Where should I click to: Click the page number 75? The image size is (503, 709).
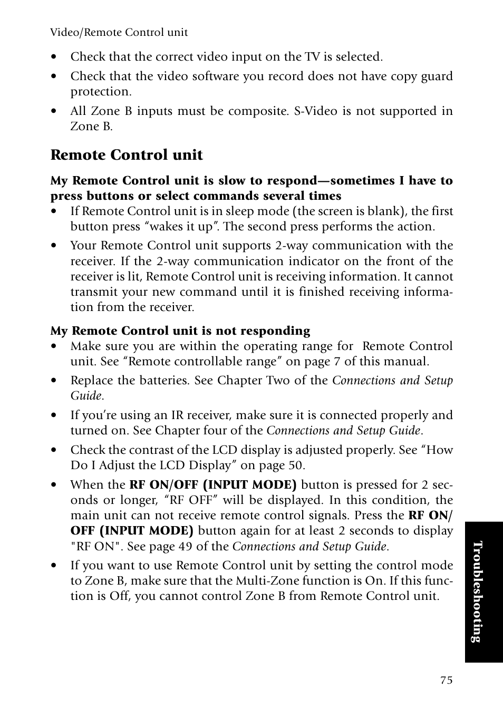(x=446, y=680)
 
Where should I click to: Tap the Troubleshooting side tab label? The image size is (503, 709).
(x=477, y=591)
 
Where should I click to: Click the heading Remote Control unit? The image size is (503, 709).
(x=127, y=155)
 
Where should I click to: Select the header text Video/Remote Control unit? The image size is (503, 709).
(x=119, y=33)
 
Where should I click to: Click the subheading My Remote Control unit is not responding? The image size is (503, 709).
(x=180, y=331)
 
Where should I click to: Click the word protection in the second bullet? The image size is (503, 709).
(x=100, y=92)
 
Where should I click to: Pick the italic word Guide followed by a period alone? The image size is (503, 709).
(x=86, y=396)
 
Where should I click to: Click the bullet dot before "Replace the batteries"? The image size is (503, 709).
(x=54, y=381)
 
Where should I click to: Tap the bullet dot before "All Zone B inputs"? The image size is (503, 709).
(x=54, y=112)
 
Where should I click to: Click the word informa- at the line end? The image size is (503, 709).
(x=428, y=292)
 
